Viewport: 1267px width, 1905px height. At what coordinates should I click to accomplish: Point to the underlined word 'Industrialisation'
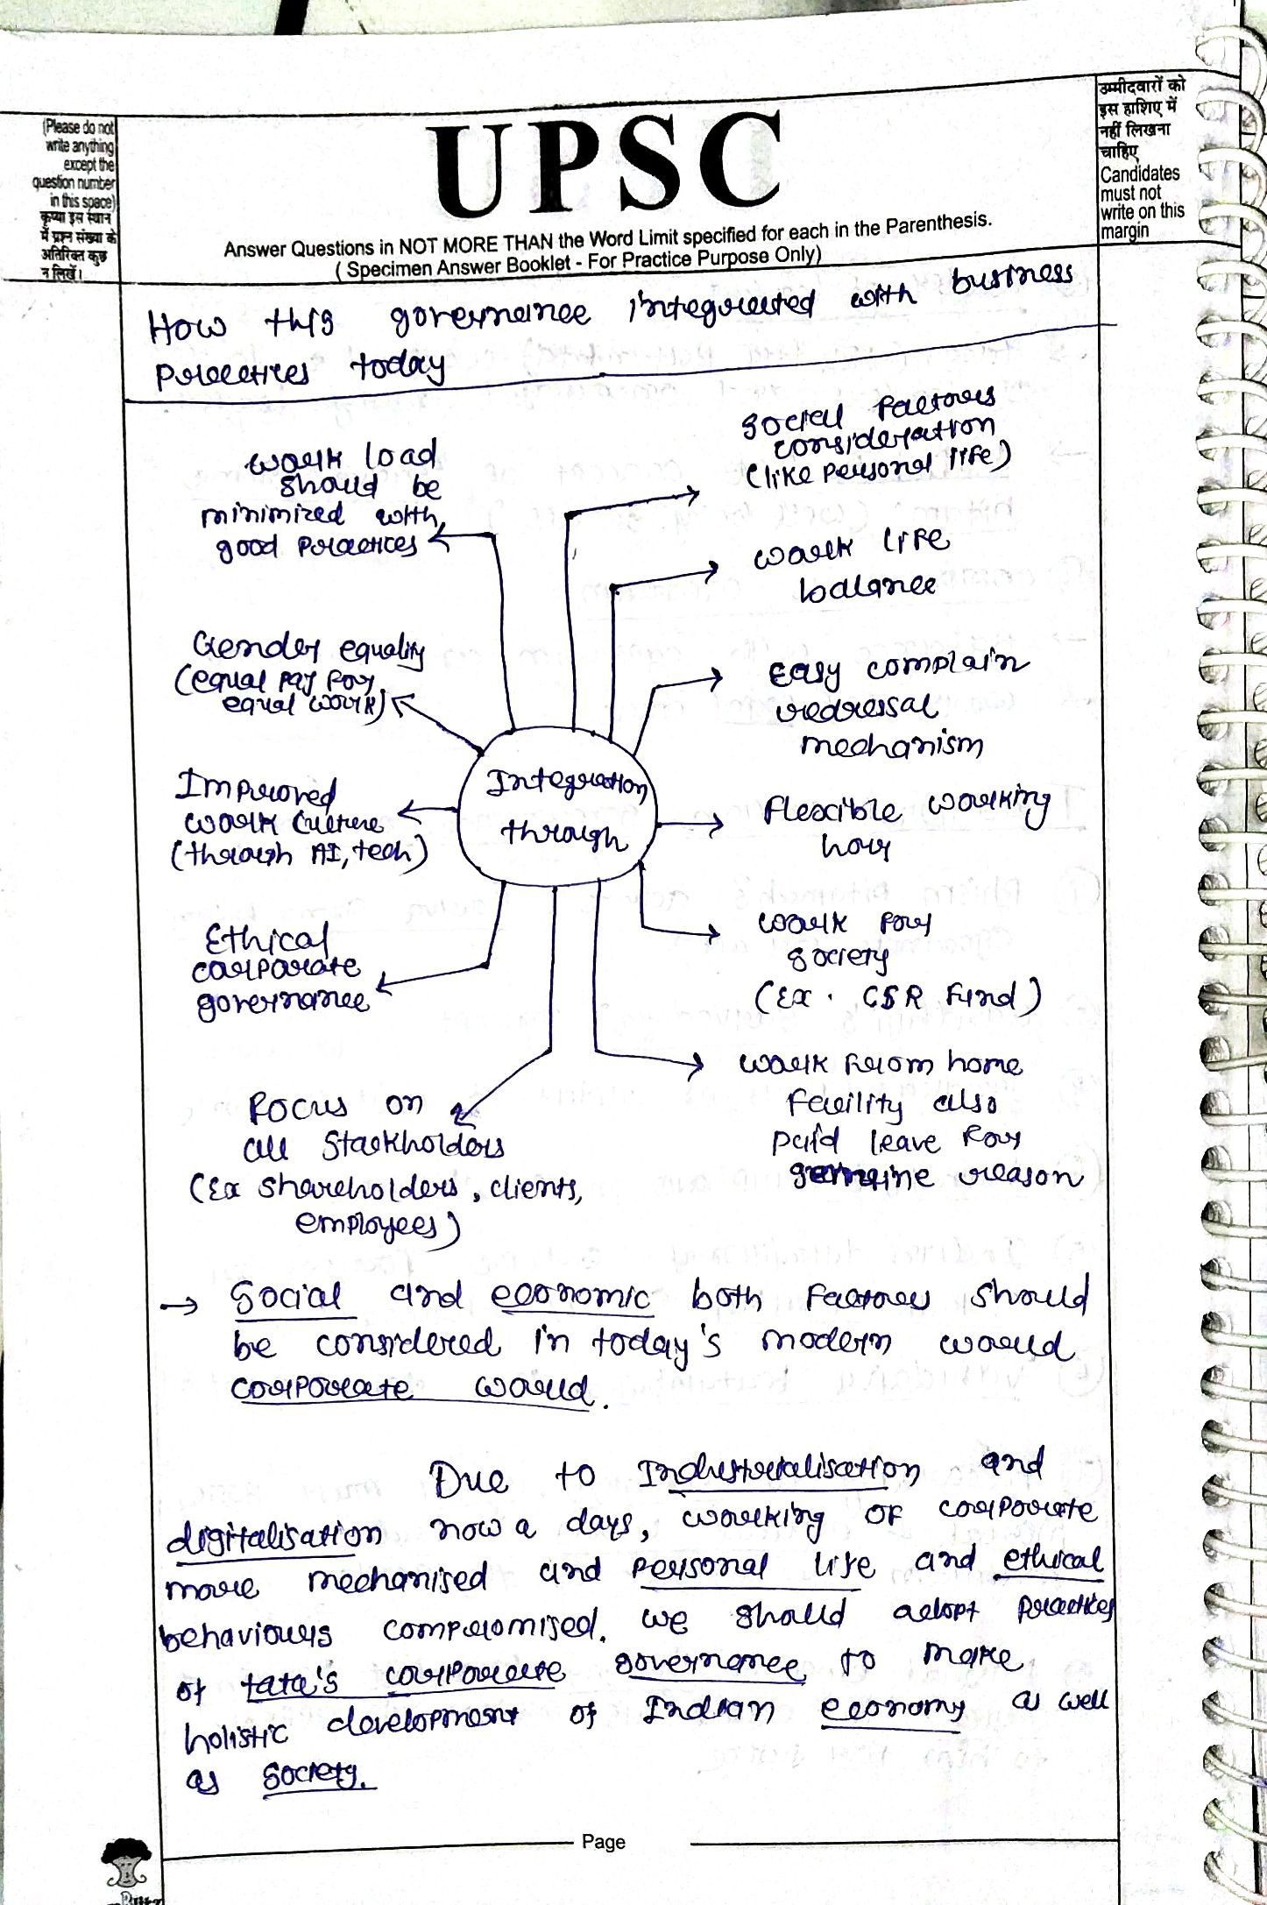(x=778, y=1471)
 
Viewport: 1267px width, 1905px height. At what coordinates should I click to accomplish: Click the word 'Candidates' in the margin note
(x=1139, y=174)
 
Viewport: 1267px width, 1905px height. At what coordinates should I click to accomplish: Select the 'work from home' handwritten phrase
(x=880, y=1065)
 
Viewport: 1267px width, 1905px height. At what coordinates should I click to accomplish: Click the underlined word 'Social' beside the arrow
(x=287, y=1297)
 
